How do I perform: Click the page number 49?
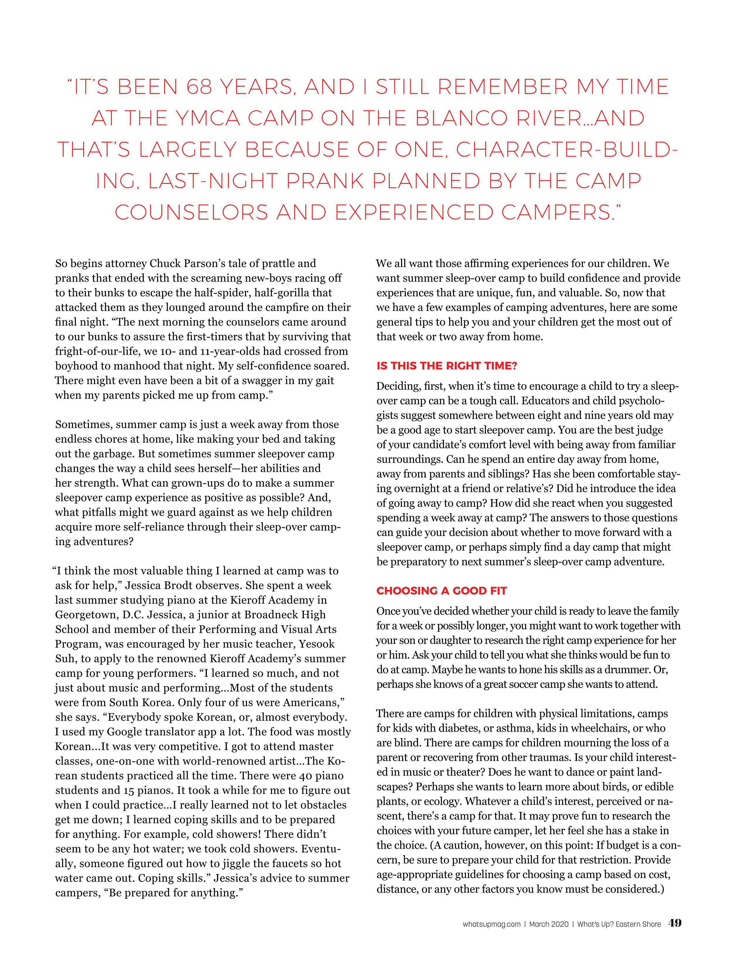674,923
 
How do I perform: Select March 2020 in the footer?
549,924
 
